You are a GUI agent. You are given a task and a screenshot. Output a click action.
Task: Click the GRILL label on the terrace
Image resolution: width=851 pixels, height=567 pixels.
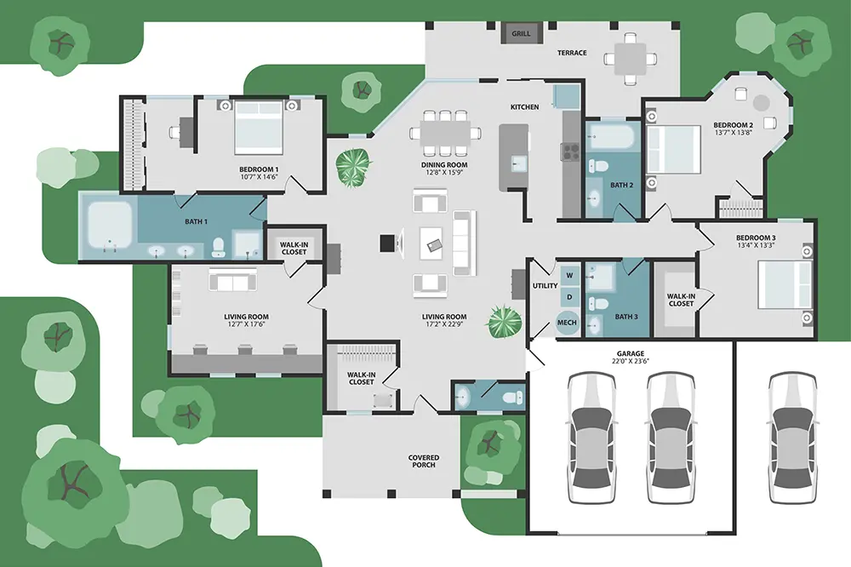pos(521,34)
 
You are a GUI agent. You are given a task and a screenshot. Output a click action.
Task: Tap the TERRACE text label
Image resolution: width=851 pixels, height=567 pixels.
pos(572,53)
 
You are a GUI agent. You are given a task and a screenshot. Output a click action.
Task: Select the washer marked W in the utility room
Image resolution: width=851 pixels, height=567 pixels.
pos(569,275)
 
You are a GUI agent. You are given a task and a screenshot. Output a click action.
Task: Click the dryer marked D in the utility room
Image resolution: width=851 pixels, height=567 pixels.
pos(569,297)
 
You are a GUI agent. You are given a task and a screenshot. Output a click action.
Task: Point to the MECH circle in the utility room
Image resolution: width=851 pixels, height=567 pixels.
pos(567,322)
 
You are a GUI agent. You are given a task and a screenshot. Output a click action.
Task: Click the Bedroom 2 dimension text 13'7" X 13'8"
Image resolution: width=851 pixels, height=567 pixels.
pos(734,132)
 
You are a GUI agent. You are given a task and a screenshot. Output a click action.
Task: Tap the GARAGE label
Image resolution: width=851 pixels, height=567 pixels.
pos(630,353)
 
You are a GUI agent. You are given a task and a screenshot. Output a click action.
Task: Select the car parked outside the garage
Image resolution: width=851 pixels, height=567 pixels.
pos(793,438)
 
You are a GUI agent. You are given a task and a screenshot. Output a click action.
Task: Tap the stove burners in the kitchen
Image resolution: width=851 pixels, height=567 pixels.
pos(571,152)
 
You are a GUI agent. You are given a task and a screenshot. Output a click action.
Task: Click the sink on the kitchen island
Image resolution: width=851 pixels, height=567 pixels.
pos(517,163)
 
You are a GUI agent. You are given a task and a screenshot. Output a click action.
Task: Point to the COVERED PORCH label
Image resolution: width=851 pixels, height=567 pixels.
pos(424,461)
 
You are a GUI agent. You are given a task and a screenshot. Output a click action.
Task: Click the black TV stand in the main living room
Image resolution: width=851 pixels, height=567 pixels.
pos(387,243)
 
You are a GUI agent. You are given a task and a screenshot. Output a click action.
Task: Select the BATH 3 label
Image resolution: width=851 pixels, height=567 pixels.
pos(626,317)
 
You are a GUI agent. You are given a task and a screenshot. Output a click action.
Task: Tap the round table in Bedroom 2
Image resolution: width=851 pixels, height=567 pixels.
pos(762,103)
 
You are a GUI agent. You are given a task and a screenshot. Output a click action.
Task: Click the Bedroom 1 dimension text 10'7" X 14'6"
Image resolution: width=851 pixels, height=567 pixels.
pos(259,176)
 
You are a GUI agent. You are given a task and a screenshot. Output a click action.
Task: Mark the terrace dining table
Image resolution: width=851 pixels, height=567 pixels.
pos(630,59)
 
